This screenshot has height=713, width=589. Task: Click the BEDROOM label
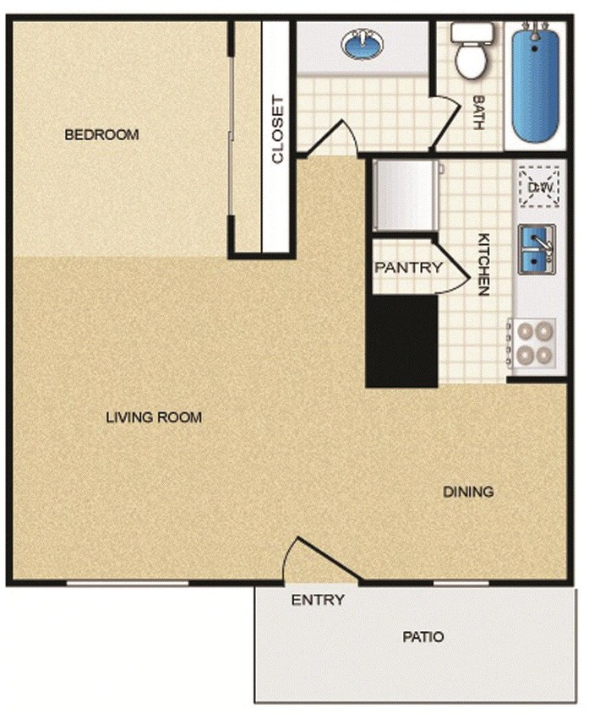point(101,134)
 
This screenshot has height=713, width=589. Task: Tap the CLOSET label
point(277,133)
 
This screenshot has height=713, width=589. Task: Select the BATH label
point(478,112)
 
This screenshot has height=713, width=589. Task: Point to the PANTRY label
point(408,268)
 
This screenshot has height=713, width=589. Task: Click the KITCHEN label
point(484,264)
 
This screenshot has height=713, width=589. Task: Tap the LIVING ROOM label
point(154,416)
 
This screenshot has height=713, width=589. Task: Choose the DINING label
point(468,492)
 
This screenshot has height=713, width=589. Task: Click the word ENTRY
point(318,601)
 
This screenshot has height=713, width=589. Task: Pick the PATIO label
point(423,637)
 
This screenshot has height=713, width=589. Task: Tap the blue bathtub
point(534,84)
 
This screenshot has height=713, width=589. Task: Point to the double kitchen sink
point(536,250)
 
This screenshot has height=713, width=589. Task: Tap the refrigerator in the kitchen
point(405,195)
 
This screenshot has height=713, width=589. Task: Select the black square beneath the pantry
point(401,341)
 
